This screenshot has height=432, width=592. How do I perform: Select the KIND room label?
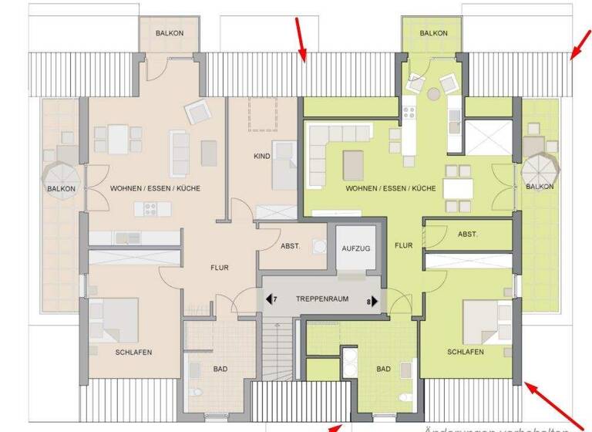(x=262, y=156)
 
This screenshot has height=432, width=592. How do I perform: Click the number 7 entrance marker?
(x=272, y=300)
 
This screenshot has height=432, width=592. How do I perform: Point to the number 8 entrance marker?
(x=372, y=301)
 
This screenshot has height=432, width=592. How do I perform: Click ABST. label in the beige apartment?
(x=290, y=247)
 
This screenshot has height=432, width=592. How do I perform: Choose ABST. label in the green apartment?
(x=467, y=234)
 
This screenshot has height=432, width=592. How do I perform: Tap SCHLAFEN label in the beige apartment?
(x=133, y=352)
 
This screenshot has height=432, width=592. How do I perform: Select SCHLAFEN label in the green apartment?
(x=465, y=352)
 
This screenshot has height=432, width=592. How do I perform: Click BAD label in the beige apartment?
(x=220, y=369)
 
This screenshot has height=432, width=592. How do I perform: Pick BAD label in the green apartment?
(x=383, y=369)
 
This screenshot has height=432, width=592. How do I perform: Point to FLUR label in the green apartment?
(x=403, y=245)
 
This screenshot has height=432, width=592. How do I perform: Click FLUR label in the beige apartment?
(x=220, y=268)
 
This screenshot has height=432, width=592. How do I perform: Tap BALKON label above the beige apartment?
(x=169, y=33)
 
